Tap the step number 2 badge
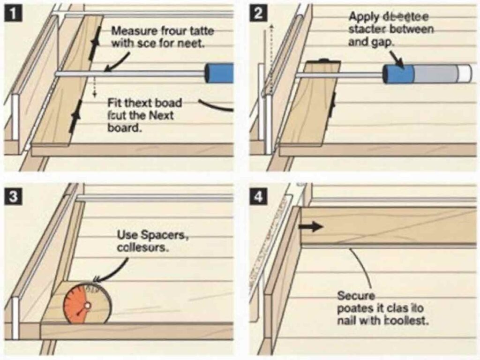point(258,14)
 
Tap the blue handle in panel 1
point(219,73)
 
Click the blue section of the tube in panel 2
point(399,74)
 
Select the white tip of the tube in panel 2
point(466,74)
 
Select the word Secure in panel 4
point(356,296)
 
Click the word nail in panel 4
point(346,322)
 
